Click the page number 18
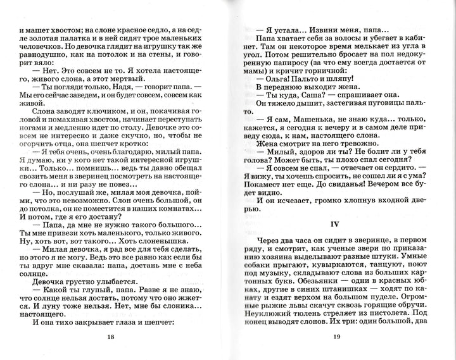(111, 336)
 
